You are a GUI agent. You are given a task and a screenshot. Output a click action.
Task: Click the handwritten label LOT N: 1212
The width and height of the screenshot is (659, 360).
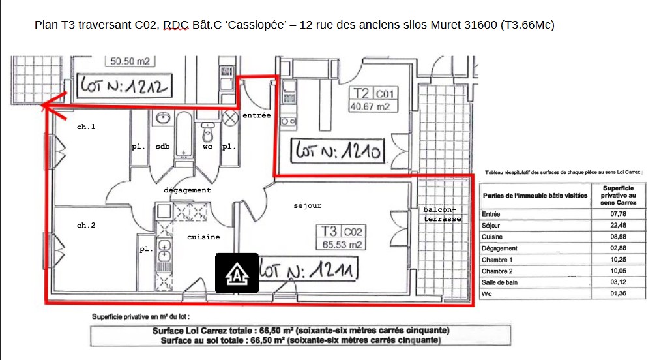pos(124,86)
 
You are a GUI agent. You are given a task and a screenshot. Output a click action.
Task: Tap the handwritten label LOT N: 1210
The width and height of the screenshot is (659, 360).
pos(338,151)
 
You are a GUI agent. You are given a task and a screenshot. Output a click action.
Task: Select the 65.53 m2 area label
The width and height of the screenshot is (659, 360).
pos(342,245)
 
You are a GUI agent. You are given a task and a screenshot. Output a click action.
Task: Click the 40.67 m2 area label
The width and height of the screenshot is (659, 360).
pos(370,107)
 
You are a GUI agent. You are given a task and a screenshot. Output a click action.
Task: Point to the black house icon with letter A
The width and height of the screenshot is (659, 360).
pos(237,273)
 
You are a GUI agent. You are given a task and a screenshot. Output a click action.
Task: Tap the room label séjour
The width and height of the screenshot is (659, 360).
pos(307,205)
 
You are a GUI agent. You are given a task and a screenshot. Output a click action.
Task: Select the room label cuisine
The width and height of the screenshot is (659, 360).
pos(203,237)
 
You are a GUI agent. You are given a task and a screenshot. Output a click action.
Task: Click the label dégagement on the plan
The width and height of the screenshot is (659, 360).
pos(188,190)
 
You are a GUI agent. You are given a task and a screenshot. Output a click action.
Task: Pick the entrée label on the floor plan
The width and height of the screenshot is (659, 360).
pos(256,115)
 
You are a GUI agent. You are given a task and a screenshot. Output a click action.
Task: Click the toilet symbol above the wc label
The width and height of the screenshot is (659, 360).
pos(208,132)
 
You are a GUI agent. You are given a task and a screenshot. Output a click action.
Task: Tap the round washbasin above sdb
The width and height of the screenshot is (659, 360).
pos(163,118)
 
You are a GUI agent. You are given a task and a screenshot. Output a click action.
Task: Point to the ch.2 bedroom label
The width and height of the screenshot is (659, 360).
pos(86,226)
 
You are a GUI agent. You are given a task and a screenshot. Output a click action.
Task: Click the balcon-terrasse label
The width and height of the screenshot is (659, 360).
pos(442,214)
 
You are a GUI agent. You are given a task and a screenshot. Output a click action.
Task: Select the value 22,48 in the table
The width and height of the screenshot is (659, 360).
pos(618,226)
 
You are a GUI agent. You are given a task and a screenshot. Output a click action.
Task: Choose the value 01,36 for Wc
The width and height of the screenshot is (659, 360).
pos(618,293)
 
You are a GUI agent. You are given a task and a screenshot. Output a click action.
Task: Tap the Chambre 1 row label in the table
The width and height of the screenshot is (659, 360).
pos(497,260)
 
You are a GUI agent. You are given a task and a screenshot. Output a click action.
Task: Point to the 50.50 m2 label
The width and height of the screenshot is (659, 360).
pos(130,61)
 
